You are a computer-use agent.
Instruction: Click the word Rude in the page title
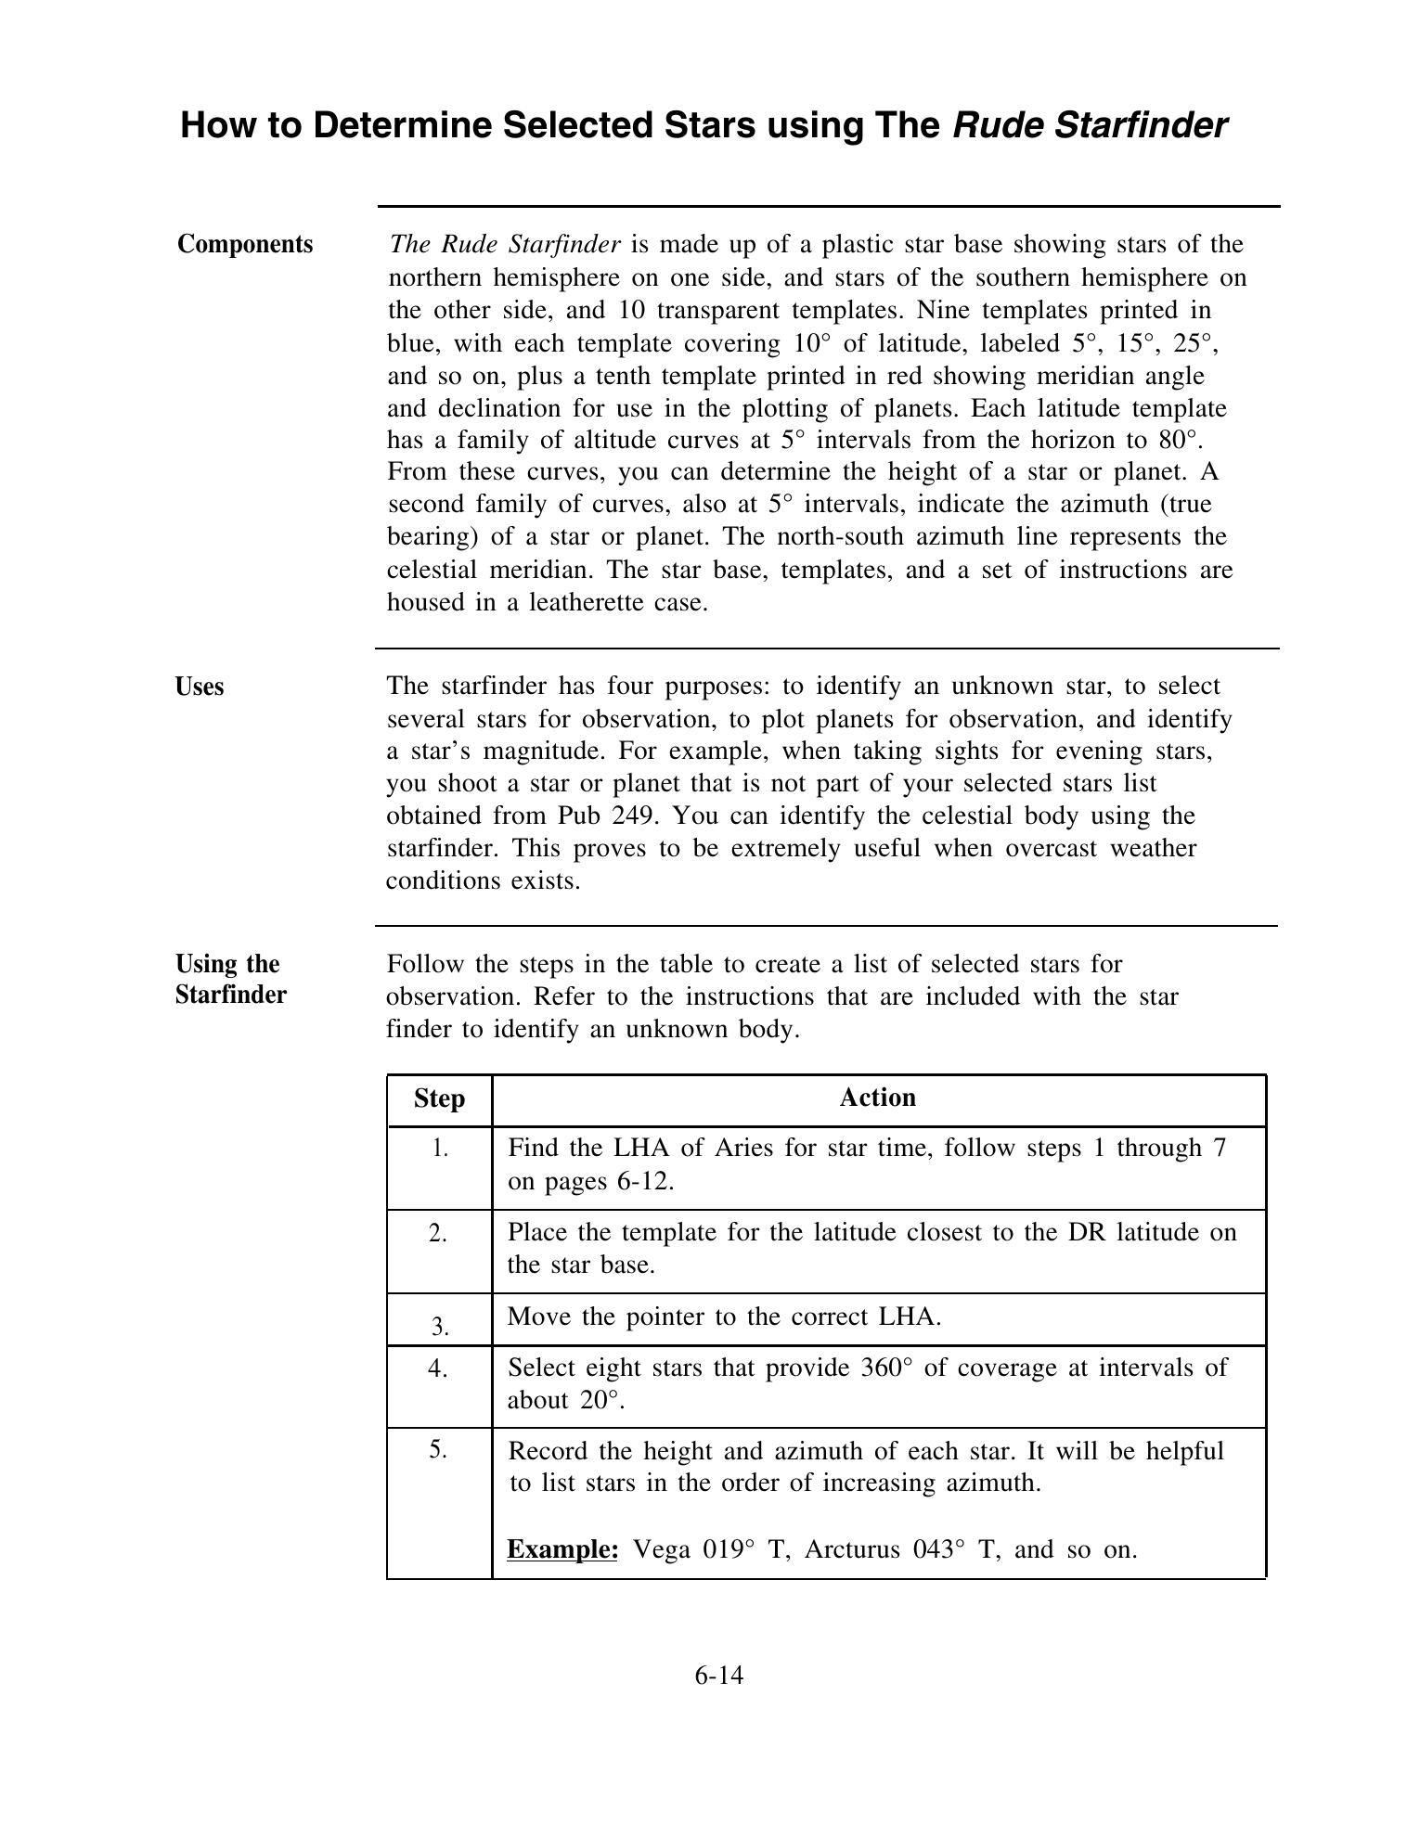[x=999, y=125]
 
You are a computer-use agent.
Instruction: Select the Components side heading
[x=245, y=244]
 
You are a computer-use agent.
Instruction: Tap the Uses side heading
[x=200, y=687]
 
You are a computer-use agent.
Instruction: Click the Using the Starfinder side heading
[x=230, y=979]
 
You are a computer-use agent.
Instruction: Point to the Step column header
[x=439, y=1098]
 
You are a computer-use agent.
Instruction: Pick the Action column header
[x=877, y=1098]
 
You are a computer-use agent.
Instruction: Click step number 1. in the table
[x=439, y=1149]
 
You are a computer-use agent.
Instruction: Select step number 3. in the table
[x=439, y=1327]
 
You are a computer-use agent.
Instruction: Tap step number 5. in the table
[x=439, y=1449]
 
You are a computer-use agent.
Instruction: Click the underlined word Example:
[x=562, y=1549]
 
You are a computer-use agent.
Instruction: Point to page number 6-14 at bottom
[x=718, y=1676]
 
